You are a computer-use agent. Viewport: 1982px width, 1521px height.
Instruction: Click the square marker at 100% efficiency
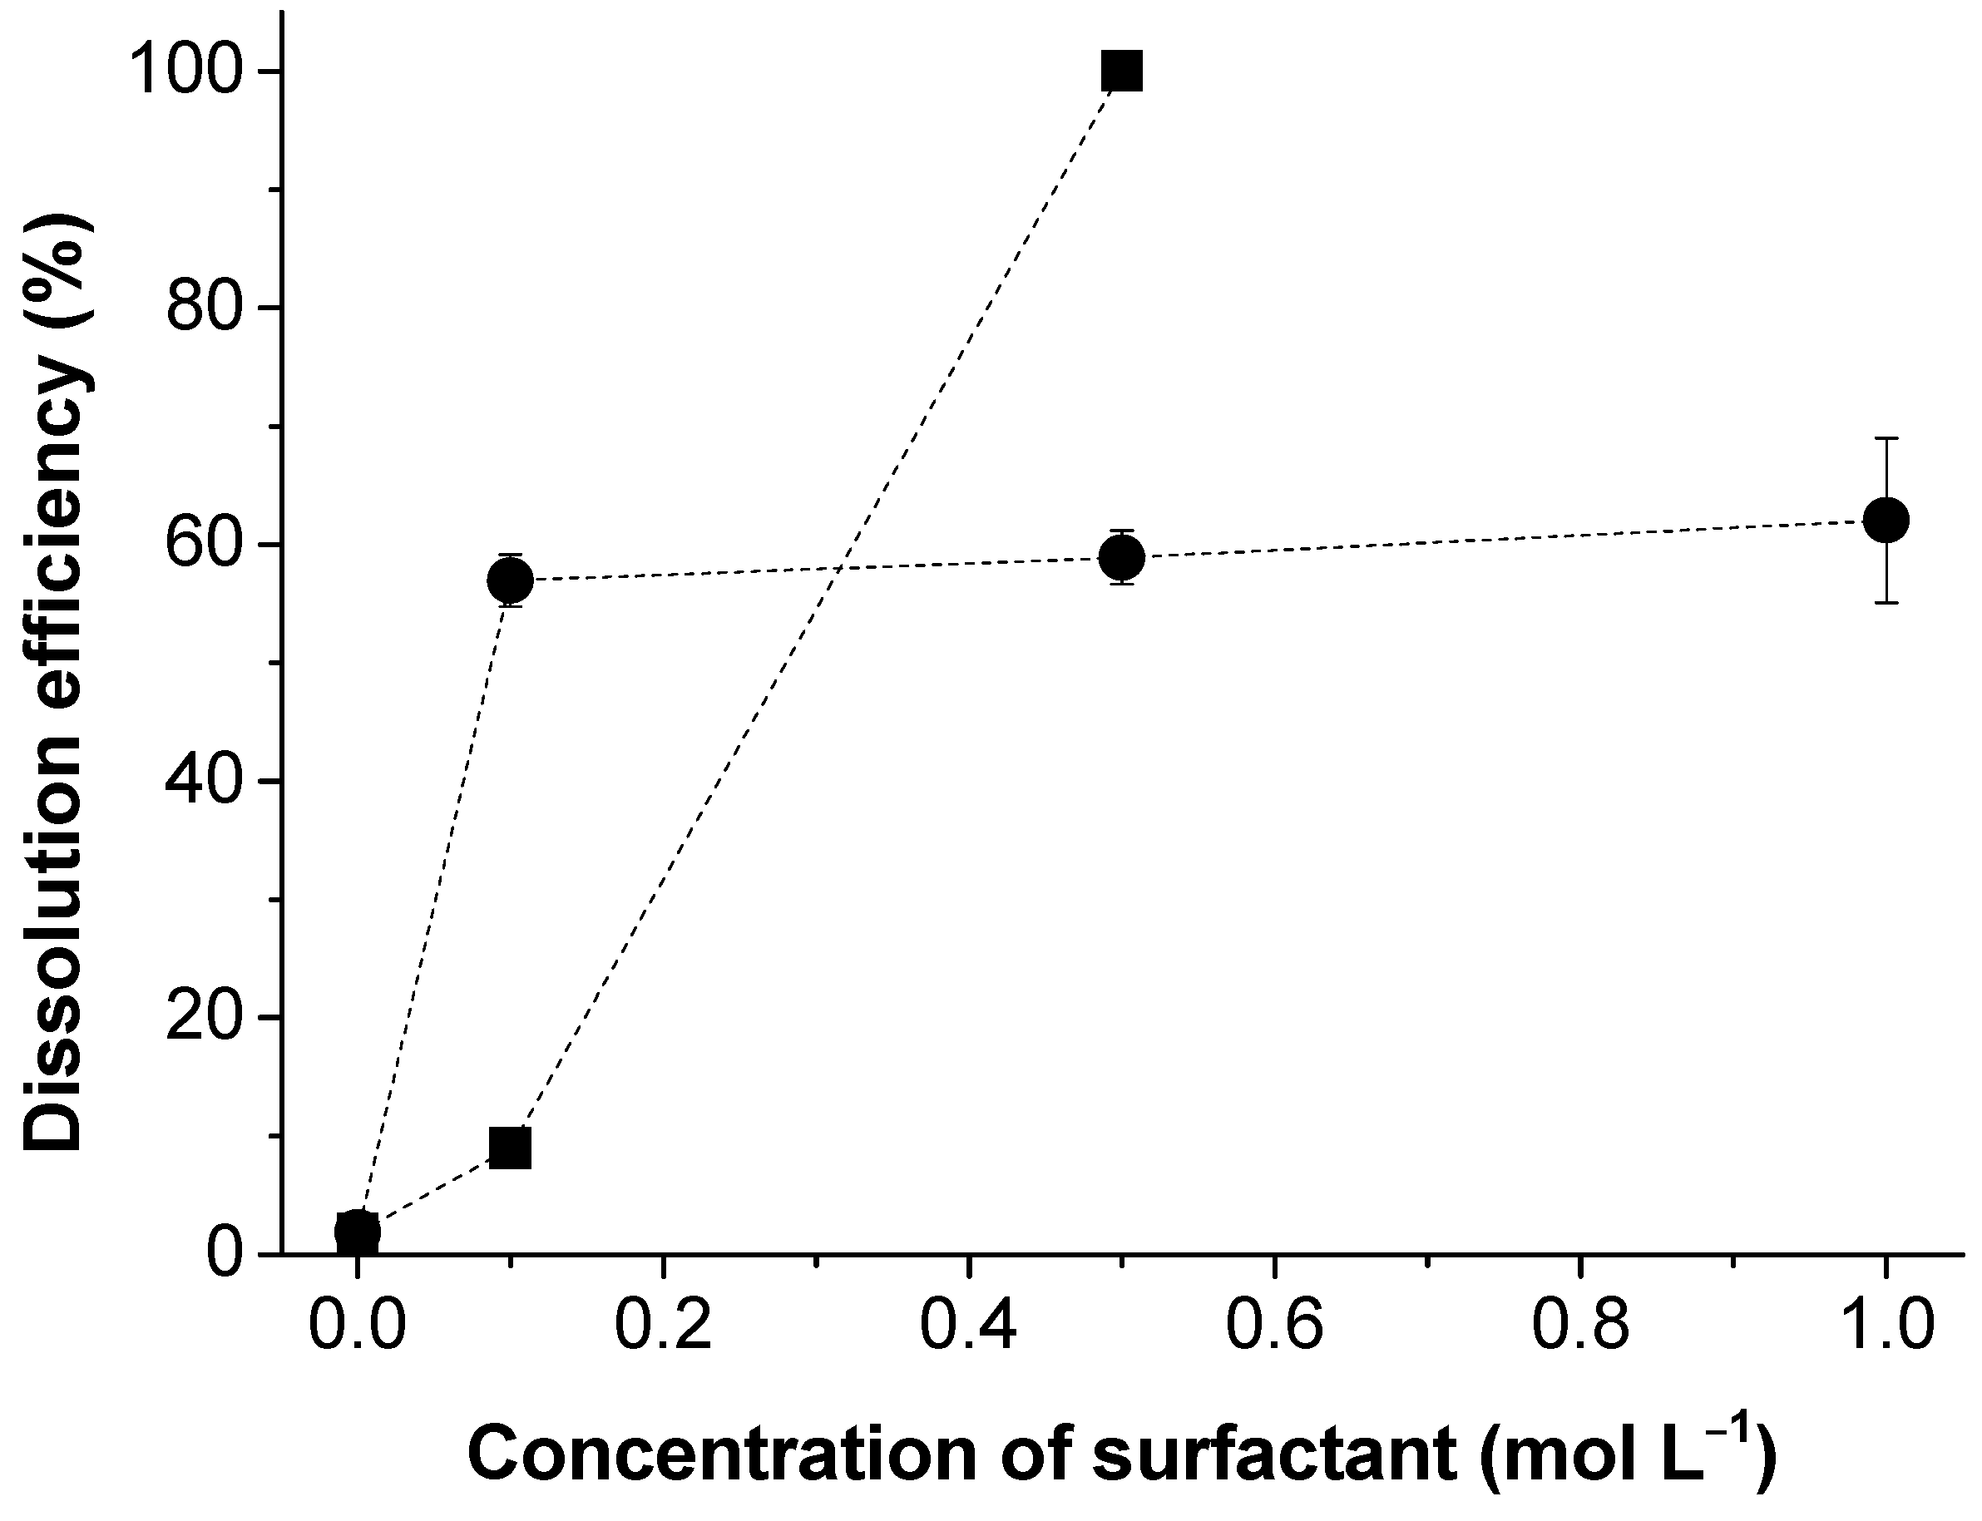pos(1121,71)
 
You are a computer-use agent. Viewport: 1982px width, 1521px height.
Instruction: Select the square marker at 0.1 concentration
pos(510,1148)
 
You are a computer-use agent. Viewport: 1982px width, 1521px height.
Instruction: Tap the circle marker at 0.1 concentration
pos(510,580)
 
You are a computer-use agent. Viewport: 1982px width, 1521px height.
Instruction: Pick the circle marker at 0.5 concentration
pos(1121,557)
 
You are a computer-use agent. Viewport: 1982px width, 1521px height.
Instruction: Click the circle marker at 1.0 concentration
pos(1886,520)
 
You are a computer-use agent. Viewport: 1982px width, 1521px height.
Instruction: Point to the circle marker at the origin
pos(358,1232)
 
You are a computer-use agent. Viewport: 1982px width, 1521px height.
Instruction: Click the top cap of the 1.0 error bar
pos(1886,438)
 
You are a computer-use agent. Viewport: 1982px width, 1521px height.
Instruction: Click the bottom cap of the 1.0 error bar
pos(1886,602)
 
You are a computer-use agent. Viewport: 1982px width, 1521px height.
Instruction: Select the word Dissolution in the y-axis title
pos(54,978)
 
